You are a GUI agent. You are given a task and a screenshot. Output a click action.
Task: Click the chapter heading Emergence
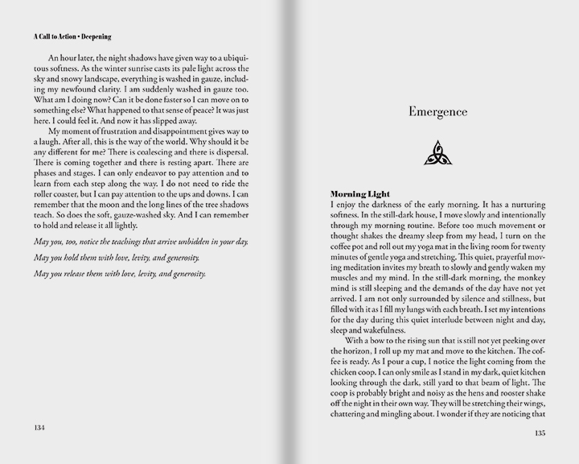pyautogui.click(x=437, y=112)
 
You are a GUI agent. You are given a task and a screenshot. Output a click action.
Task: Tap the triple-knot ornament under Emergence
pyautogui.click(x=437, y=153)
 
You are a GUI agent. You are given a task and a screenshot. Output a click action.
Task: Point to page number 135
pyautogui.click(x=541, y=432)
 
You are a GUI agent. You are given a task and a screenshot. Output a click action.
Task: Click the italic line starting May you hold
pyautogui.click(x=119, y=257)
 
